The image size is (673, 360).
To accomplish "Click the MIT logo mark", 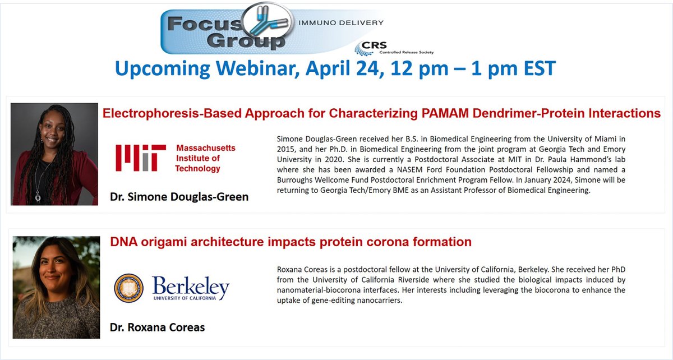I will pyautogui.click(x=140, y=158).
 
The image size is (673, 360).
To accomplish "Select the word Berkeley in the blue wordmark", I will pyautogui.click(x=191, y=287).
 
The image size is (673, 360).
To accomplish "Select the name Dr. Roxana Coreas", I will pyautogui.click(x=156, y=327).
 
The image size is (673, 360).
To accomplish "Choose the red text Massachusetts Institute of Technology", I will pyautogui.click(x=206, y=158).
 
